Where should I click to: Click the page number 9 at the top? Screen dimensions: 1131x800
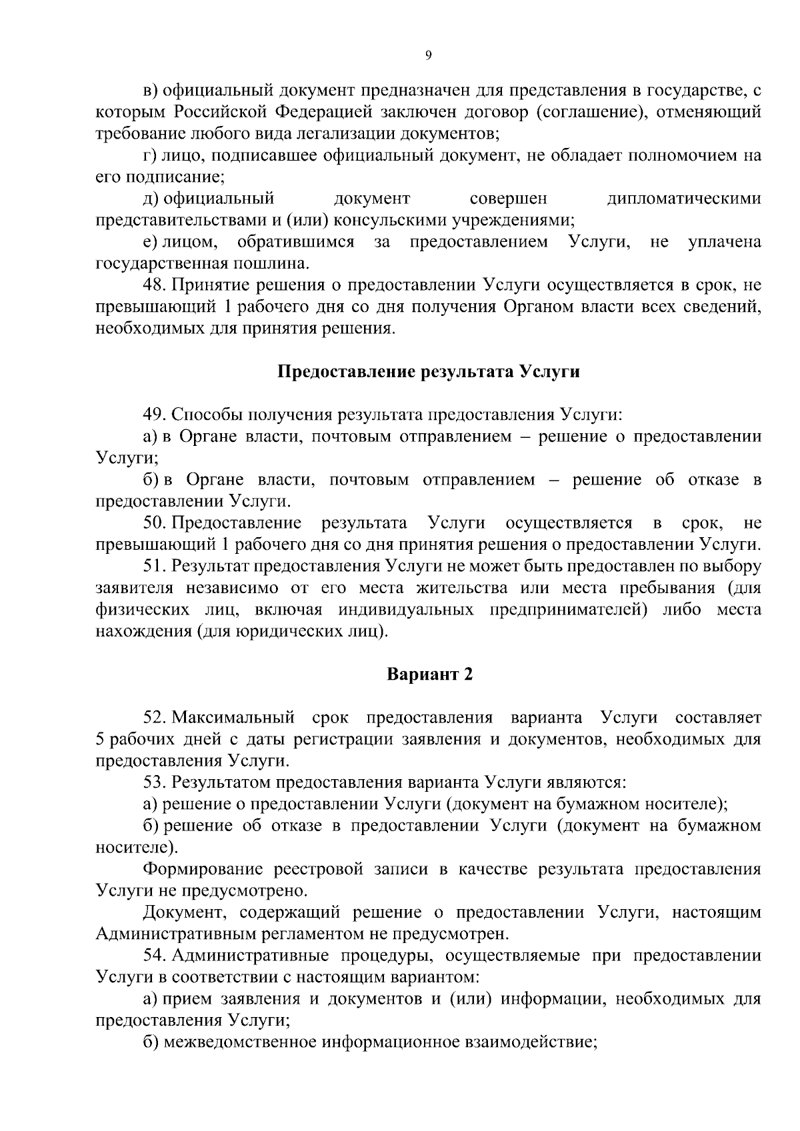pyautogui.click(x=428, y=56)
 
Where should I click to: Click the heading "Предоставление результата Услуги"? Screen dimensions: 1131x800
pyautogui.click(x=428, y=372)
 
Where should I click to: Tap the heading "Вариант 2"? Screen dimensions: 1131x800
pyautogui.click(x=430, y=674)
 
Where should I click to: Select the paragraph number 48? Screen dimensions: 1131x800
pyautogui.click(x=154, y=285)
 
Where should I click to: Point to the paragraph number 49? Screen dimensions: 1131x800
pyautogui.click(x=154, y=415)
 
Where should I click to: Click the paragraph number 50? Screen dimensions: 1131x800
pyautogui.click(x=154, y=523)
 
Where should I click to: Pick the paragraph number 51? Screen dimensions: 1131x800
pyautogui.click(x=154, y=566)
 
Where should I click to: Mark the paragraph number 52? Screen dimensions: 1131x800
pyautogui.click(x=154, y=718)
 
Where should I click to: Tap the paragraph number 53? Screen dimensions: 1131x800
pyautogui.click(x=154, y=782)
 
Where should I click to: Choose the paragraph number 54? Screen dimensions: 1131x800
pyautogui.click(x=154, y=956)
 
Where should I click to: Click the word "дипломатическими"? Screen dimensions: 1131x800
pyautogui.click(x=684, y=199)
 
